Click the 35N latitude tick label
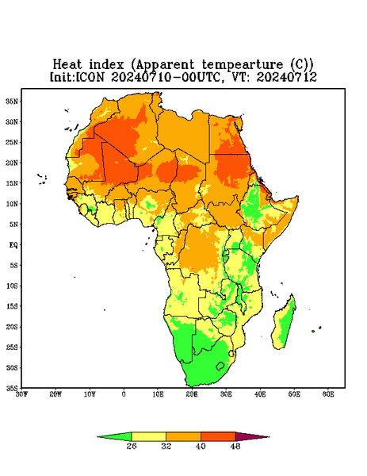click(x=12, y=101)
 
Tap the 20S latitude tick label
click(x=12, y=327)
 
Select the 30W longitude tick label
click(x=21, y=394)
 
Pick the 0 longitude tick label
click(x=124, y=394)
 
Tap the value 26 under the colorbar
click(x=132, y=446)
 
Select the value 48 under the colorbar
click(x=235, y=446)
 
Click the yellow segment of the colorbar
click(x=148, y=437)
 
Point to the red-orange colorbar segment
click(x=218, y=437)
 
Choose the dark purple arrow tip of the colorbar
click(x=252, y=437)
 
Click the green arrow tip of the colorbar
click(x=114, y=437)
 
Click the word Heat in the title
click(x=67, y=65)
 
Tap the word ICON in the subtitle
click(x=90, y=77)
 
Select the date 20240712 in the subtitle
click(x=287, y=77)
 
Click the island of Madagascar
click(x=285, y=324)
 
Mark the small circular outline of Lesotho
click(x=220, y=366)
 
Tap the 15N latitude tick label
click(x=12, y=183)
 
